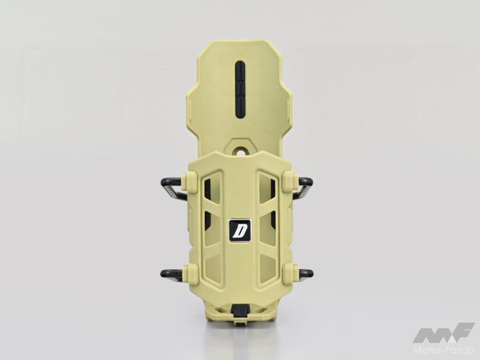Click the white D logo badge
240,231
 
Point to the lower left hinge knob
191,272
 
